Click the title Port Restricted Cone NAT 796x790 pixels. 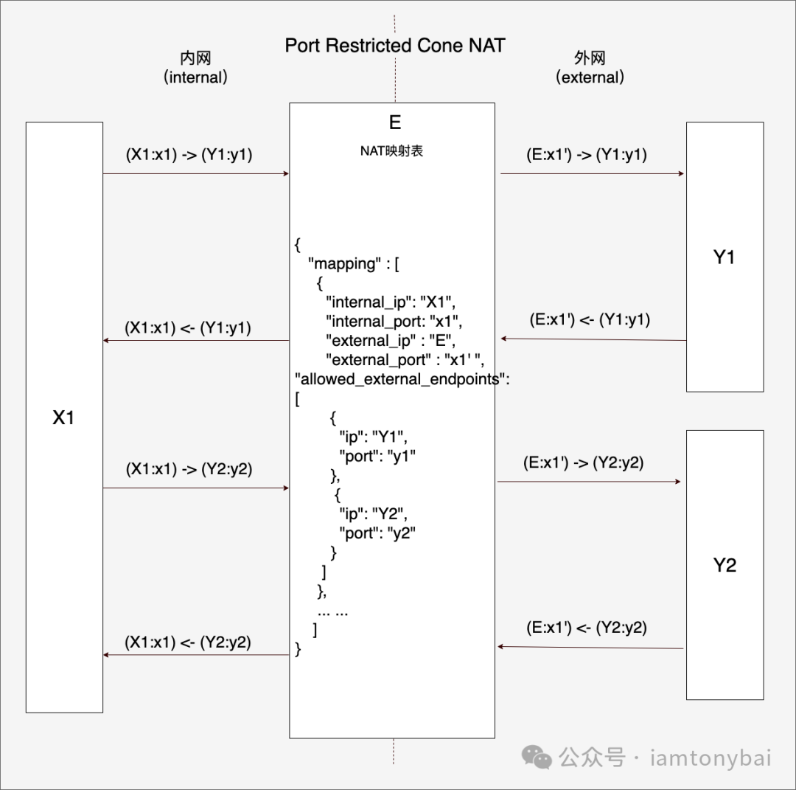(395, 45)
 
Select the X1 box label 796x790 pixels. (63, 417)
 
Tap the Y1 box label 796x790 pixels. (725, 257)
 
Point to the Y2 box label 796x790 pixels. (725, 566)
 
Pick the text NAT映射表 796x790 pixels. (391, 152)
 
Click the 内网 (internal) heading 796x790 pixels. (195, 68)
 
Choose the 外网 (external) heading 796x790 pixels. (590, 68)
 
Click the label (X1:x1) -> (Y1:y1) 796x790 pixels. (189, 156)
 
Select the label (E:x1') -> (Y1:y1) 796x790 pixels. (587, 156)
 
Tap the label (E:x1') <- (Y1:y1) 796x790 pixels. (590, 320)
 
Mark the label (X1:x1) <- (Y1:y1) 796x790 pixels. (188, 328)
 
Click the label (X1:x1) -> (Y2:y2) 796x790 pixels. (189, 469)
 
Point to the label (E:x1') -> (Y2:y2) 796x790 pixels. (583, 463)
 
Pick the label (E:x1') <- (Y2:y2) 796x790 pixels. (587, 628)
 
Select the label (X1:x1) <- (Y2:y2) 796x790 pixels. (188, 642)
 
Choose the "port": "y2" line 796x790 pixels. (377, 533)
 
